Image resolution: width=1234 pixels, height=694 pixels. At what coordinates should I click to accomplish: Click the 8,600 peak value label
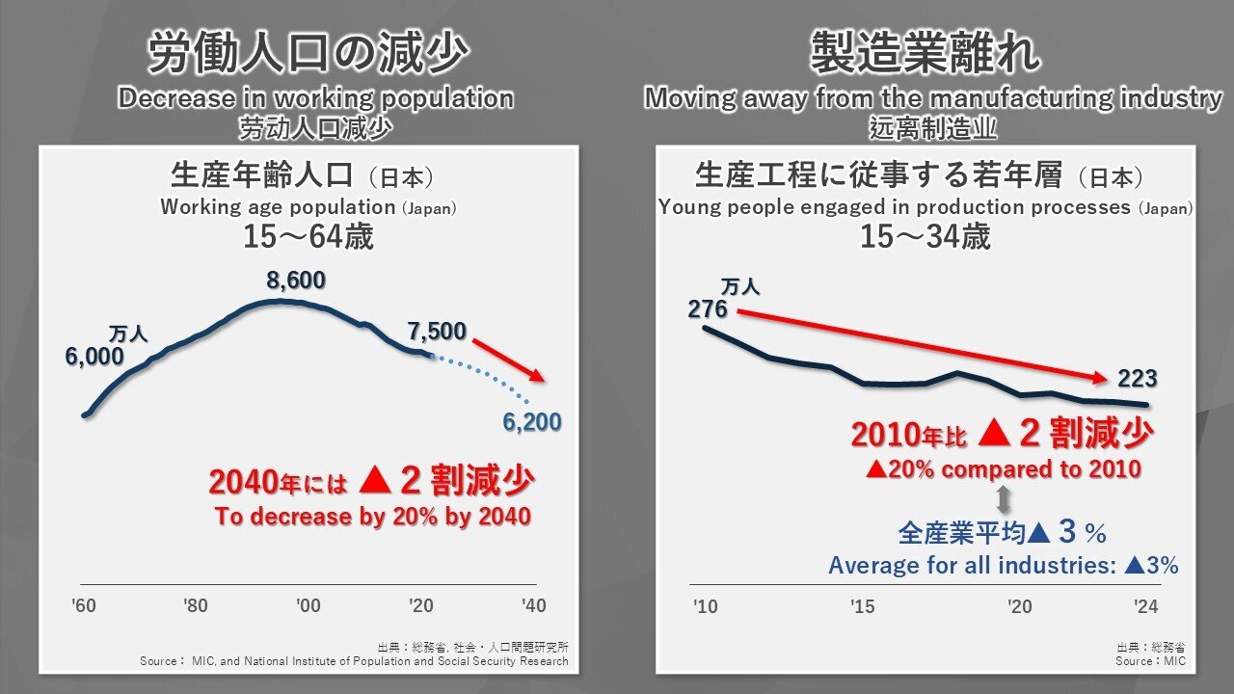pos(296,281)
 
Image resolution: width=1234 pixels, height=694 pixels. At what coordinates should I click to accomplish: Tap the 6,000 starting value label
pos(94,357)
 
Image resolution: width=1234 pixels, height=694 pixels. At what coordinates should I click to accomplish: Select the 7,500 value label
pos(437,332)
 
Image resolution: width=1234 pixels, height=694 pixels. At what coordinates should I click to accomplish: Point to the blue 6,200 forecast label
pos(531,421)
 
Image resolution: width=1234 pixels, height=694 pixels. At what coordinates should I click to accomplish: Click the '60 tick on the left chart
pos(83,606)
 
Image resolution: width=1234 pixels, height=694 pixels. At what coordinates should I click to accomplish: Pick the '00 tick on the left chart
pos(308,606)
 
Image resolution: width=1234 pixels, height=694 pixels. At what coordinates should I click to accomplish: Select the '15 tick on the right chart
pos(863,606)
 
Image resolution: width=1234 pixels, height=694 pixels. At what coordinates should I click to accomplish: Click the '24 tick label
pos(1146,606)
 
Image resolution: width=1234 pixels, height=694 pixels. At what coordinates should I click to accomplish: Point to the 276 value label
pos(708,309)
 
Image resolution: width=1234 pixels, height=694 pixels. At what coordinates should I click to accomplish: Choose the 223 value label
pos(1137,379)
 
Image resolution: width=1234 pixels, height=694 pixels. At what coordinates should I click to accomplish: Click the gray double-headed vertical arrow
pos(1003,499)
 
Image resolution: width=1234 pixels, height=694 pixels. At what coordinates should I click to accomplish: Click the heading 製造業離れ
pos(925,54)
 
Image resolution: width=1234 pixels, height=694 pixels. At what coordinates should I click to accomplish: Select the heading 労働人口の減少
pos(308,54)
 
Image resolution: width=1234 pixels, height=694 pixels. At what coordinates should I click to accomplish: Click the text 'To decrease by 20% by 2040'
pos(372,517)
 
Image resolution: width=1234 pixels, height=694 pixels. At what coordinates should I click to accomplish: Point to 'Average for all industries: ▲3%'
pos(1003,566)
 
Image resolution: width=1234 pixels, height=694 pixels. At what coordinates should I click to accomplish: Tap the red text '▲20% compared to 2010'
pos(1003,469)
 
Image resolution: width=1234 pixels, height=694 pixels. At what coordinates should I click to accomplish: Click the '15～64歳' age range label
pos(308,237)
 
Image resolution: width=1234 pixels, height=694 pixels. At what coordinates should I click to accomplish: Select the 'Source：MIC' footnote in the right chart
pos(1150,661)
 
